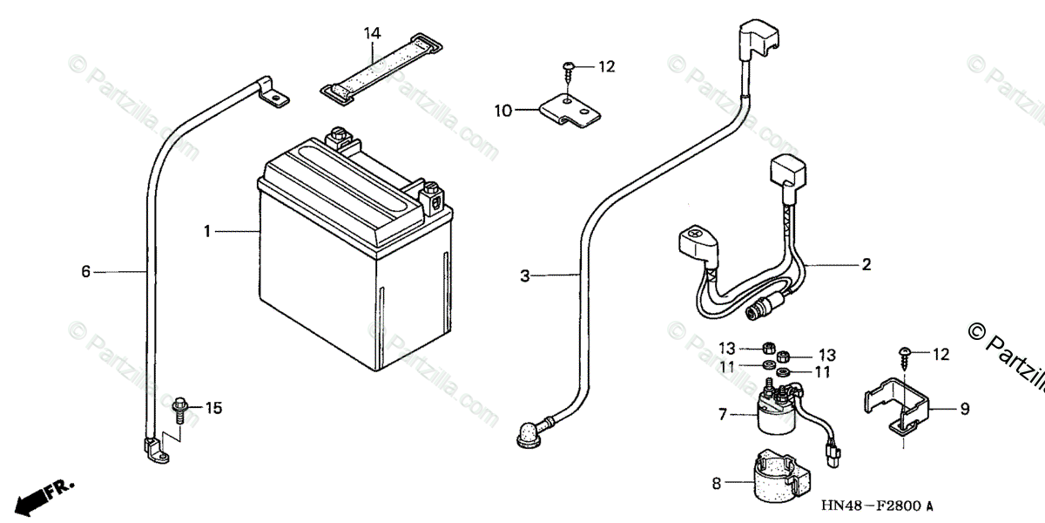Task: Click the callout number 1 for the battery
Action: click(x=207, y=232)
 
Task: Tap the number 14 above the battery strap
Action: click(x=372, y=34)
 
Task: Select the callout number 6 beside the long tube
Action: click(x=85, y=272)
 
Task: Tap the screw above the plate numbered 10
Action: click(x=570, y=68)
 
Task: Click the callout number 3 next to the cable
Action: click(x=525, y=276)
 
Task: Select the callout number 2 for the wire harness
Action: click(x=866, y=264)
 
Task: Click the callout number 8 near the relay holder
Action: click(x=716, y=483)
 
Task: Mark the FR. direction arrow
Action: click(x=44, y=494)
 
